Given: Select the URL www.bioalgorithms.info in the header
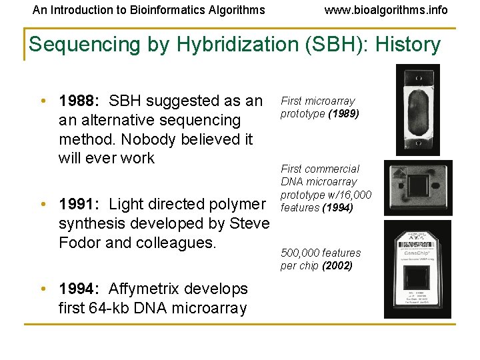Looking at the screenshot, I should tap(386, 10).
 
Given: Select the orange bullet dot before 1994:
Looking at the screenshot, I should tap(42, 289).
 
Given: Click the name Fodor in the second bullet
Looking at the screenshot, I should tap(79, 242).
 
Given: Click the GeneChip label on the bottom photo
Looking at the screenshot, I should tap(417, 253).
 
